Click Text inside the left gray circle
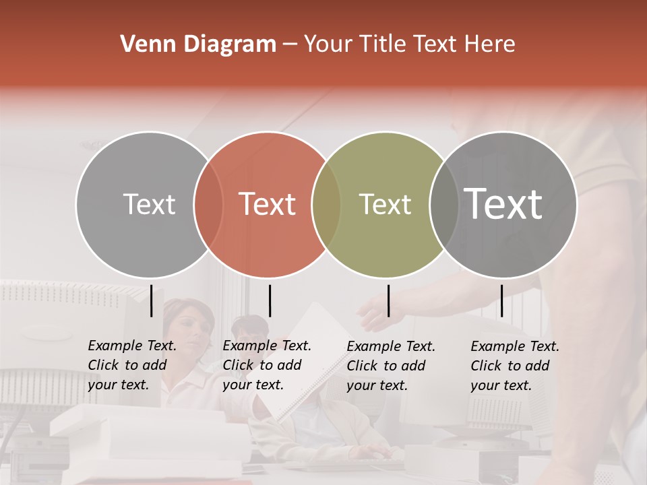coord(149,204)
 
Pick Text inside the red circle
coord(268,204)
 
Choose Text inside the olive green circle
coord(385,204)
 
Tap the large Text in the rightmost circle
coord(503,204)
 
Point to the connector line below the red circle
coord(270,300)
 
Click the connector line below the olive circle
coord(388,300)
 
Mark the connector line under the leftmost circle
coord(152,300)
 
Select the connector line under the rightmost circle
coord(501,300)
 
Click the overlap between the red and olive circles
coord(326,205)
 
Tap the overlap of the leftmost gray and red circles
coord(208,205)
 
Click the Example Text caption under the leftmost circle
coord(132,365)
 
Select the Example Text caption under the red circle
coord(267,365)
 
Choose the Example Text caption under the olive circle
coord(391,366)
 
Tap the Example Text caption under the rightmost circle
coord(515,366)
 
